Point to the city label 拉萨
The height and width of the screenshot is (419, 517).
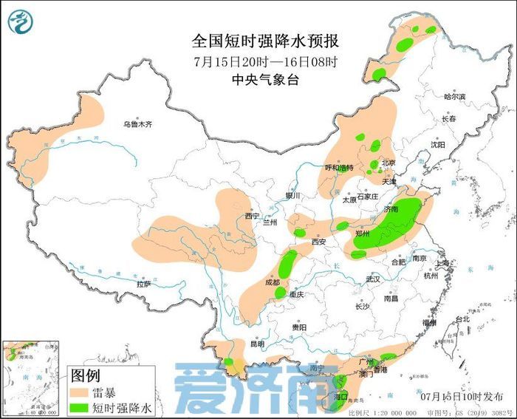[x=144, y=284]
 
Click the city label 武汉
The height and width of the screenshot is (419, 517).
[x=372, y=279]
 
